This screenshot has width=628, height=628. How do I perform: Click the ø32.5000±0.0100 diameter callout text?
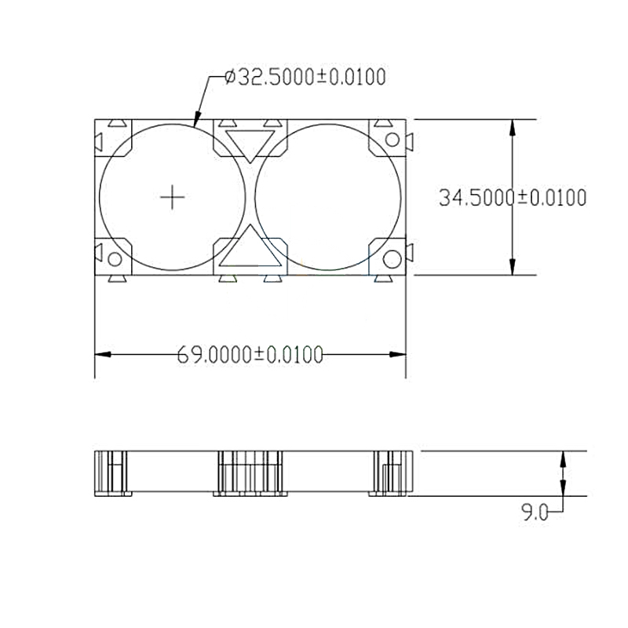pos(305,77)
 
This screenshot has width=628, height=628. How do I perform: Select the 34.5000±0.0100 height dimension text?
pos(512,198)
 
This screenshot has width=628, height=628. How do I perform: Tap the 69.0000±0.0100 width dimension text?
pos(250,355)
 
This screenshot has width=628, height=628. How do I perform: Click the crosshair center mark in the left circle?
pos(172,197)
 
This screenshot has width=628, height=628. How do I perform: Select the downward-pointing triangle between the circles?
pos(250,144)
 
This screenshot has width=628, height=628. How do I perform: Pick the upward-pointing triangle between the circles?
pos(250,249)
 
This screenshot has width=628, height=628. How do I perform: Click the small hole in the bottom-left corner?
pos(115,258)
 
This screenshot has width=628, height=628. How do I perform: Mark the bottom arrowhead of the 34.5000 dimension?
pos(513,268)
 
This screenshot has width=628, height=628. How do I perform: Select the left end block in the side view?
pos(111,473)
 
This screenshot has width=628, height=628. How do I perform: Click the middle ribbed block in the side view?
pos(250,473)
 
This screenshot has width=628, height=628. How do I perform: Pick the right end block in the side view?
pos(390,473)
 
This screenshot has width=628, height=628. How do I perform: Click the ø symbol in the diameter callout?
pos(229,77)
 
